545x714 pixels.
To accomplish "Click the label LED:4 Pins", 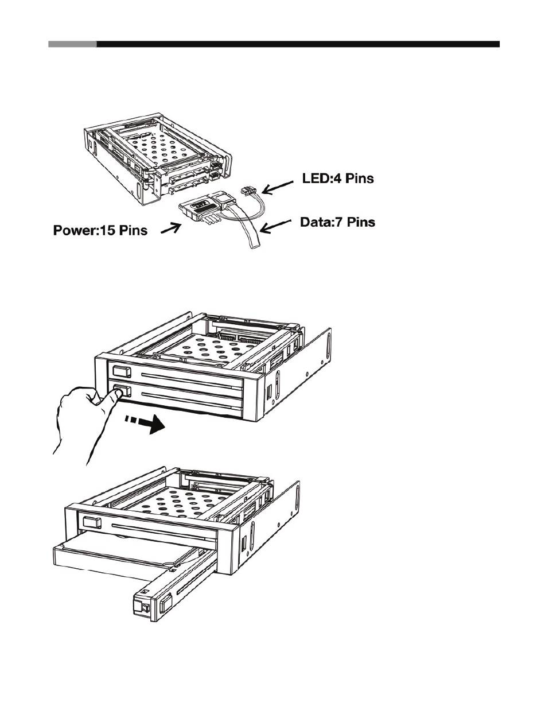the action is click(338, 178).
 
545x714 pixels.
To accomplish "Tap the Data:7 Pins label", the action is click(337, 222).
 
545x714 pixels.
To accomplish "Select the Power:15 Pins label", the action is click(100, 230).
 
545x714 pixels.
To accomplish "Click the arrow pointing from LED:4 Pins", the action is click(277, 188).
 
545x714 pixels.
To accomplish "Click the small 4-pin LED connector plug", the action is click(248, 191).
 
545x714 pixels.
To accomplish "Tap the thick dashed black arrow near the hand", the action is click(145, 424).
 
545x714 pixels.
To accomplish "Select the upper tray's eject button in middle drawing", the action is click(122, 371).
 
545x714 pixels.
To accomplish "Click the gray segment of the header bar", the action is click(72, 44).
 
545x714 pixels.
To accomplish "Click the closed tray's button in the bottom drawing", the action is click(92, 523).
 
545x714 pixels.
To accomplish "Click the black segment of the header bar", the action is click(298, 44).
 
